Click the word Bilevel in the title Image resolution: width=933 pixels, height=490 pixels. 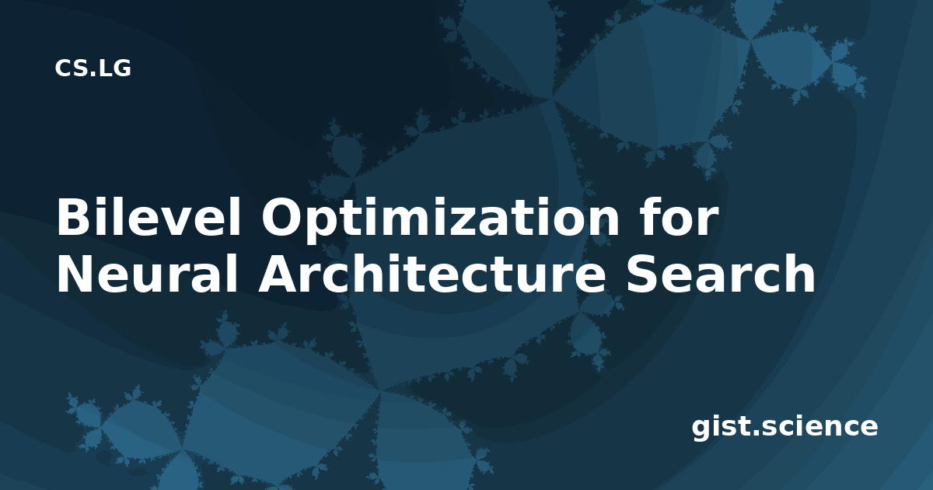(149, 217)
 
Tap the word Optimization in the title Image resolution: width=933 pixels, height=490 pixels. (440, 220)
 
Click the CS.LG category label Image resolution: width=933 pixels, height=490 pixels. (93, 68)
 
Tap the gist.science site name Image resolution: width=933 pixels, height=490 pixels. (784, 428)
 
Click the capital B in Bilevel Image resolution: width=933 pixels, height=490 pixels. (74, 217)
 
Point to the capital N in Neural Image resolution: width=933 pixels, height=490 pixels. (75, 273)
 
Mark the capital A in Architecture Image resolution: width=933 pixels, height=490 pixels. (278, 273)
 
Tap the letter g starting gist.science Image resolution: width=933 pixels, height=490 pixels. (701, 429)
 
